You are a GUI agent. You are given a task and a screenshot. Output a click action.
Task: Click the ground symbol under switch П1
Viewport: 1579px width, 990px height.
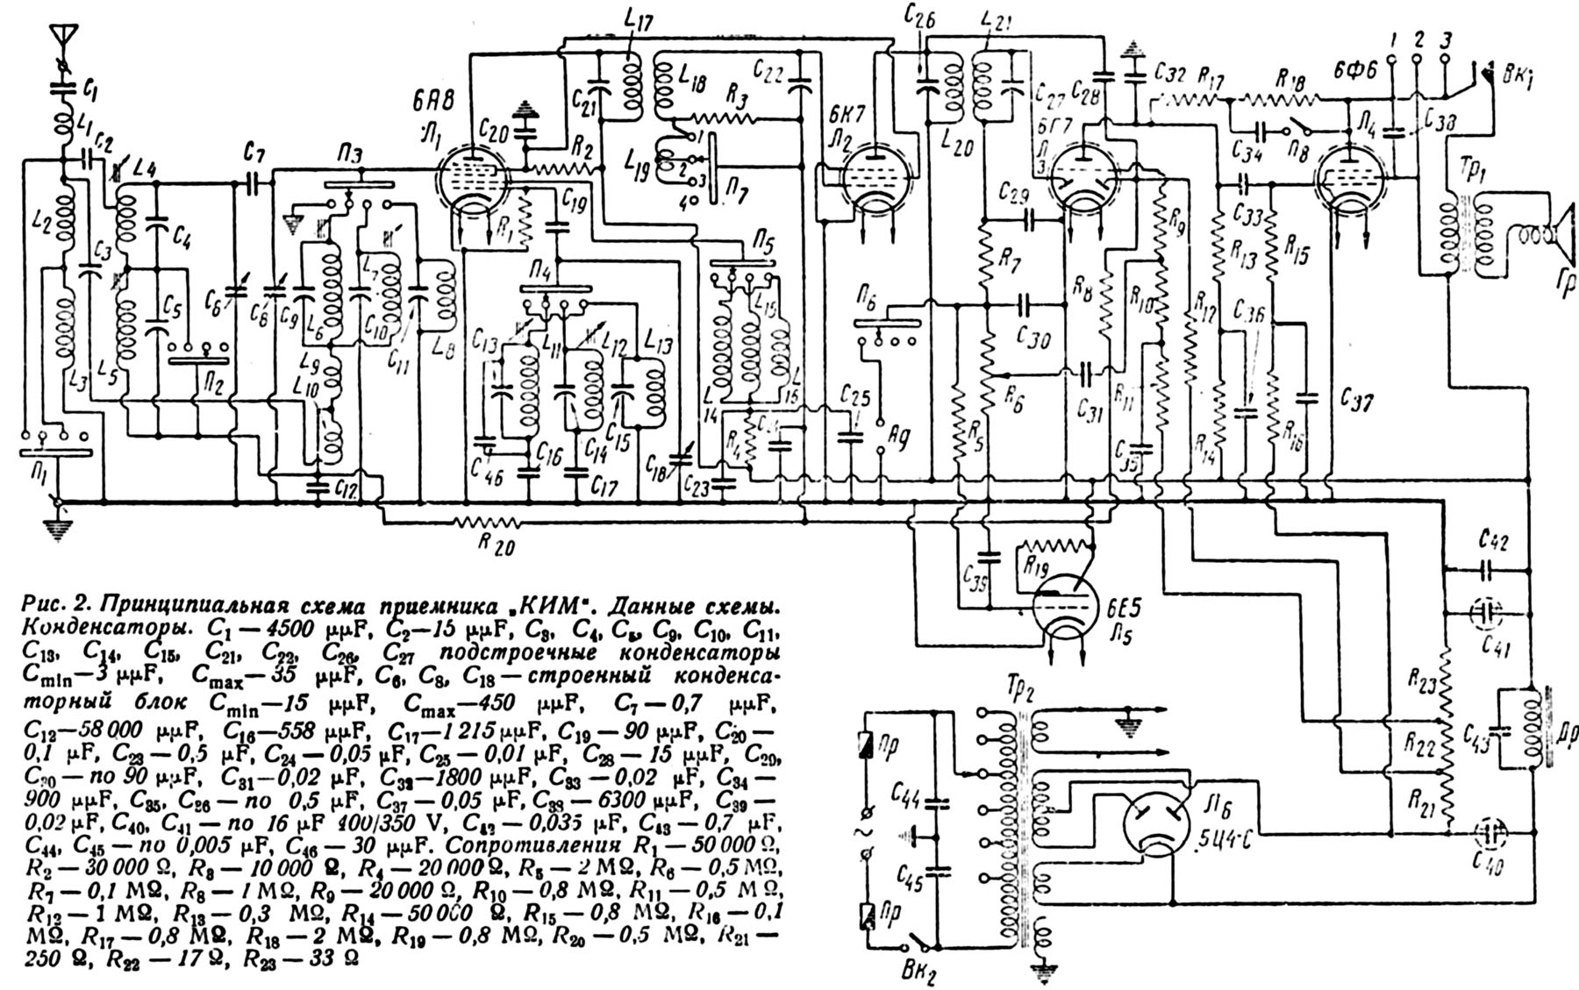coord(59,530)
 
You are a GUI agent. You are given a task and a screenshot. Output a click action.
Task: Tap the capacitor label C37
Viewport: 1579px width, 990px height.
coord(1356,402)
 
